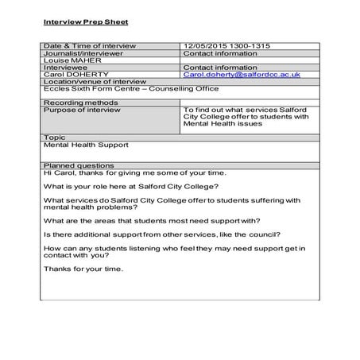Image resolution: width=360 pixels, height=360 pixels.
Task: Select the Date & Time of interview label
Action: [84, 46]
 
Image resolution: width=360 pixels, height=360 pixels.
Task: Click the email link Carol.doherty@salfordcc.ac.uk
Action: [242, 74]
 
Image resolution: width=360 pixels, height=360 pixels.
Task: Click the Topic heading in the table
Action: [53, 137]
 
